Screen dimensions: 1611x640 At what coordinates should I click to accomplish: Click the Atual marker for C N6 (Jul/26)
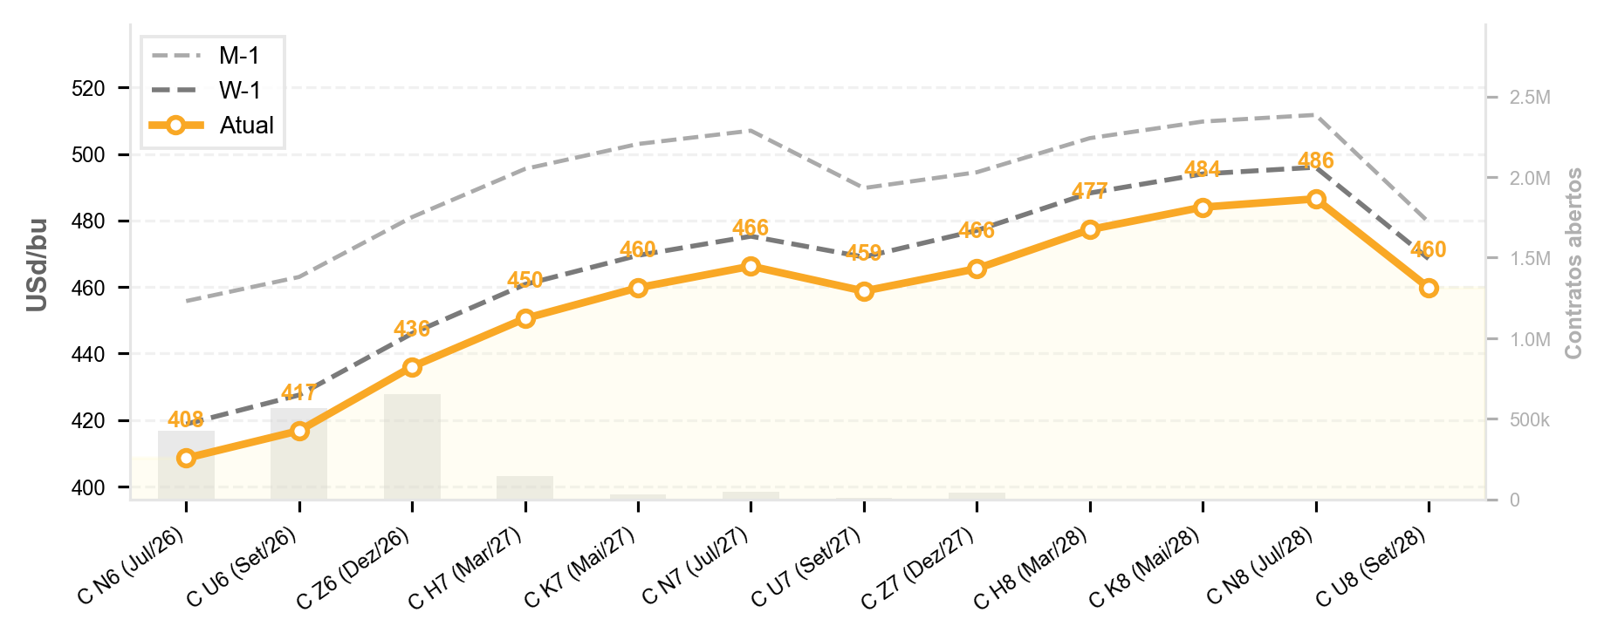186,458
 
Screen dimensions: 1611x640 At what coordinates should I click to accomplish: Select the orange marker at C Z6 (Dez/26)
412,367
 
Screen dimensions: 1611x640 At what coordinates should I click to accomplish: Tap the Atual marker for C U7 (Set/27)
864,291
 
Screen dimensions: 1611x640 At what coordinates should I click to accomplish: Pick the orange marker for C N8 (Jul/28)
1316,200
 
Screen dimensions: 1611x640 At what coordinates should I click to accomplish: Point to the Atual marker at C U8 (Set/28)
1429,288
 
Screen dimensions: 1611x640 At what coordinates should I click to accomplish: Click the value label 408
186,420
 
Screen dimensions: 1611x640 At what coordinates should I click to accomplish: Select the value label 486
1316,160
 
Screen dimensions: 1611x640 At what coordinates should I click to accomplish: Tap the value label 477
1090,191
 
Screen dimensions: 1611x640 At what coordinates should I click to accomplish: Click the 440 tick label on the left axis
89,354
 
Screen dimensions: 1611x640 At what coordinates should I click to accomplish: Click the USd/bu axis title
37,264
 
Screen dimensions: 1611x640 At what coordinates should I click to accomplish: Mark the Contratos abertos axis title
1573,263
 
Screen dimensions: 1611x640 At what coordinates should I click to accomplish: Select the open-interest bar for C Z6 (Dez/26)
412,446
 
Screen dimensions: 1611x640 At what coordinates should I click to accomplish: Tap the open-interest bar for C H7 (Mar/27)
525,487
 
